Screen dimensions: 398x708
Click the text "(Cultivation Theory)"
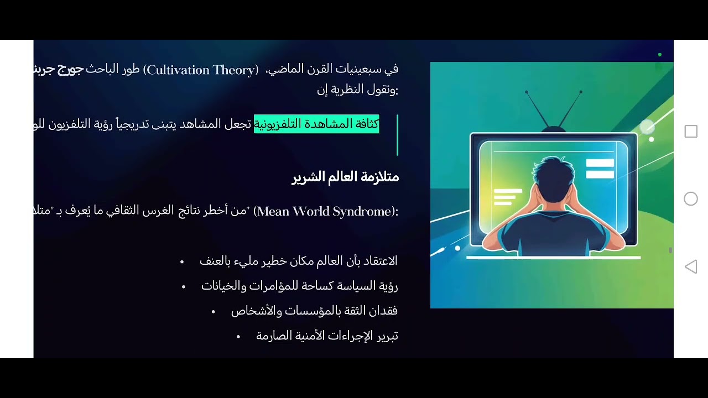click(x=201, y=70)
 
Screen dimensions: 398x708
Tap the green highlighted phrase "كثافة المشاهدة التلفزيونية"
click(x=316, y=124)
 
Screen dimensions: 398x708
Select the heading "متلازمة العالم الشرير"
click(x=345, y=177)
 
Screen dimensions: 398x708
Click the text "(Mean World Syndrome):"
click(x=326, y=211)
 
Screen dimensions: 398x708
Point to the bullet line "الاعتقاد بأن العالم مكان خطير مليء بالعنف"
click(x=298, y=260)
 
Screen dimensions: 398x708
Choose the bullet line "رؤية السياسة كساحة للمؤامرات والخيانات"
click(x=299, y=286)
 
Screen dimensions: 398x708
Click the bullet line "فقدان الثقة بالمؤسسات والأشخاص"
click(x=314, y=311)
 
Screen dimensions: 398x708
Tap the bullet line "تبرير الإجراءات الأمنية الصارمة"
click(x=327, y=336)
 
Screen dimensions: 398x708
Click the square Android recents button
click(x=691, y=132)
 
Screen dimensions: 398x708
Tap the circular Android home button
click(x=691, y=199)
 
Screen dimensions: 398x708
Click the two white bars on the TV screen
click(x=600, y=169)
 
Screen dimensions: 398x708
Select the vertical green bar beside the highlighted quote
click(x=397, y=135)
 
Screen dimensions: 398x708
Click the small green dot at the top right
click(x=660, y=55)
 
